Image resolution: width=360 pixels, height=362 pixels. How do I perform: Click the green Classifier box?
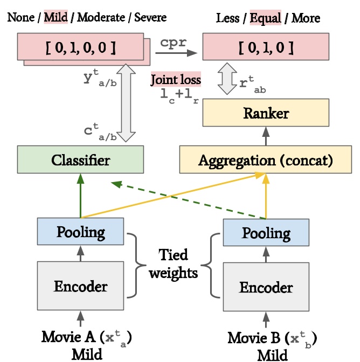coord(80,159)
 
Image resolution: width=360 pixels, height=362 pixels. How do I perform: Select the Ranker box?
coord(266,113)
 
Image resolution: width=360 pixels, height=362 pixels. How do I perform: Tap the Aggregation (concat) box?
coord(266,159)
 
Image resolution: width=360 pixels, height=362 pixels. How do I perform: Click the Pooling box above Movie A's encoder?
coord(80,231)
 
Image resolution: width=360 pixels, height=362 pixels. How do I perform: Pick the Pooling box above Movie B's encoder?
coord(266,232)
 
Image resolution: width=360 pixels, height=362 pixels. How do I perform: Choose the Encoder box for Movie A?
coord(80,286)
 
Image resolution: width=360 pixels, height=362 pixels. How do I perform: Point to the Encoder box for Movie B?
coord(266,287)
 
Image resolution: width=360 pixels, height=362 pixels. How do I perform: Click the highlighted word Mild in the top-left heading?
coord(56,17)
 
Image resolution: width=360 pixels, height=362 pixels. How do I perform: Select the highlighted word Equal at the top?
coord(266,18)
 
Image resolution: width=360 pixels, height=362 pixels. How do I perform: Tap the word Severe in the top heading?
coord(150,17)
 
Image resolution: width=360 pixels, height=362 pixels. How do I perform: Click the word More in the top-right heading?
coord(306,18)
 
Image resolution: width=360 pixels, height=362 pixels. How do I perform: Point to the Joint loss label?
coord(176,80)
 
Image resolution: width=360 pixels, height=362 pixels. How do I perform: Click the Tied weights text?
coord(173,264)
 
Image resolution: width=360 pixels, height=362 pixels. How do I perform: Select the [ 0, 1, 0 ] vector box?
coord(266,47)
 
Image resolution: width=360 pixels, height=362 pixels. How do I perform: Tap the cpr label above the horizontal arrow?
coord(173,42)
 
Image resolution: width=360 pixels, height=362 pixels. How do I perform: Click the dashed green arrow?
coord(189,200)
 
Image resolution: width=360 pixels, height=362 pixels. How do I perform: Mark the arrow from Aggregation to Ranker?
coord(266,136)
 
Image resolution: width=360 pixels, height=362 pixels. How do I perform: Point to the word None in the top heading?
coord(21,17)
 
